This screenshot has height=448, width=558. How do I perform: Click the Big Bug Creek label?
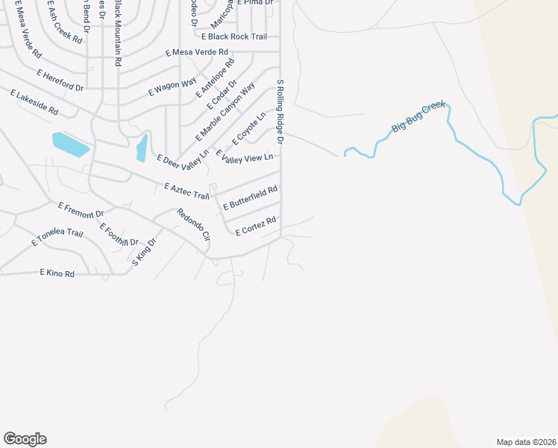point(418,117)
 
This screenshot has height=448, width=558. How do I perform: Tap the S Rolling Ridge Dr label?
point(280,111)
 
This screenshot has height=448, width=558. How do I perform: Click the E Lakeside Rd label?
point(34,102)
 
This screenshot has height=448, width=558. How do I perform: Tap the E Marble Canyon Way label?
point(225,112)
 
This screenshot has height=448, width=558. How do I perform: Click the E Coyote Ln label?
point(249,129)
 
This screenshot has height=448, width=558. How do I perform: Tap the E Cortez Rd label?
point(256,226)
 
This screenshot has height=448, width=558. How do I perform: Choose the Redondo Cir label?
point(194,224)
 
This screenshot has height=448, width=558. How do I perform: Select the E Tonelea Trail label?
point(57,237)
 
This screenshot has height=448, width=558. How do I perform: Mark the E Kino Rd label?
point(57,274)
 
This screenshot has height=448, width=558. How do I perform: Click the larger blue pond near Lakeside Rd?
point(70,144)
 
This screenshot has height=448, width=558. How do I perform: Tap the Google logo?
point(25,439)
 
